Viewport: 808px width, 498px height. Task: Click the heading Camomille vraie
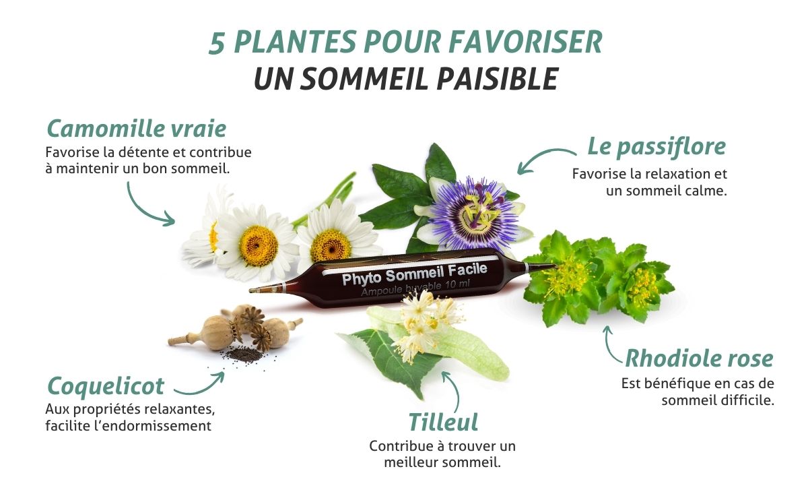pyautogui.click(x=136, y=129)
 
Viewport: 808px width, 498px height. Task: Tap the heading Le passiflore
pyautogui.click(x=656, y=148)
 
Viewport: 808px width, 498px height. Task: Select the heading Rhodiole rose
pyautogui.click(x=699, y=359)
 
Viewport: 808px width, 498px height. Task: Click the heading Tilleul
pyautogui.click(x=443, y=422)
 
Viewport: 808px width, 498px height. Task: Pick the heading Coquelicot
pyautogui.click(x=106, y=386)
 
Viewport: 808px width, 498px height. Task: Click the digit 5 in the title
pyautogui.click(x=217, y=44)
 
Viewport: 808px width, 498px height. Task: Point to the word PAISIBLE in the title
pyautogui.click(x=498, y=79)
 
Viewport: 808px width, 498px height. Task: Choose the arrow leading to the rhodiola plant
pyautogui.click(x=609, y=346)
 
